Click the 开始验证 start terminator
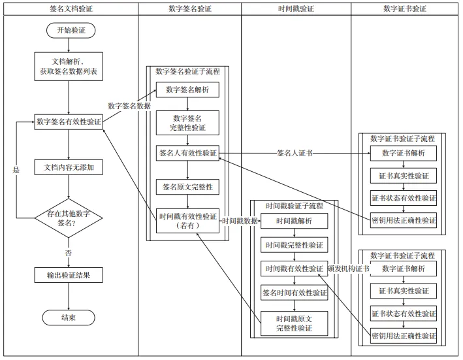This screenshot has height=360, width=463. coord(69,30)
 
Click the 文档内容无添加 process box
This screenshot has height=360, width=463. coord(69,168)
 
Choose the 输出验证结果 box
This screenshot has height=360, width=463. coord(69,274)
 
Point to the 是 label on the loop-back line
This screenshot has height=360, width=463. coord(16,169)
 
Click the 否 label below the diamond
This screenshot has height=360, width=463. coord(69,253)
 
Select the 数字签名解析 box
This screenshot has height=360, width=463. coord(187,90)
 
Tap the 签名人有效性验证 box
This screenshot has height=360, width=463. coord(187,153)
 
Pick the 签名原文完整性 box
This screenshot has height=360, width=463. coord(187,187)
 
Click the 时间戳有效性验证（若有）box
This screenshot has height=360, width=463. coord(187,221)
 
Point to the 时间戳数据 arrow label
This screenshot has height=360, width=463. coord(240,221)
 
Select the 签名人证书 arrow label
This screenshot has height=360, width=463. coord(294,154)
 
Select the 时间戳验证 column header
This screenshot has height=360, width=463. coord(296,8)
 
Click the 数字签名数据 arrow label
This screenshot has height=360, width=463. coord(129,106)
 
